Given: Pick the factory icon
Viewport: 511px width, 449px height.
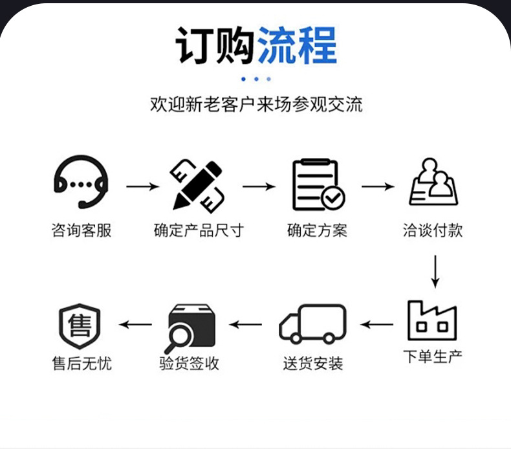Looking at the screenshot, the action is point(432,320).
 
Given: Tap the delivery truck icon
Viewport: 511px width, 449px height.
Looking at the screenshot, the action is point(312,323).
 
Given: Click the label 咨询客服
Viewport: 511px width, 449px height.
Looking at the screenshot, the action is point(81,230).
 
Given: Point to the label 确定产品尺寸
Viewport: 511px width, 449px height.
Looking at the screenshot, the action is point(199,230).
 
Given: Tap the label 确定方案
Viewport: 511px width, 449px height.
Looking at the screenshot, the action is point(317,230).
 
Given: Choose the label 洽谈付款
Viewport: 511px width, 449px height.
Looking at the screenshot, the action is point(433,230).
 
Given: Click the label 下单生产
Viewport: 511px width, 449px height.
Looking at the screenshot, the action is point(433,356).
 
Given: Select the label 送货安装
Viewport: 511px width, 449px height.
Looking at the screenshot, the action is point(312,363).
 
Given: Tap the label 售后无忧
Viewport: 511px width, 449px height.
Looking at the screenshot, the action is point(82,363).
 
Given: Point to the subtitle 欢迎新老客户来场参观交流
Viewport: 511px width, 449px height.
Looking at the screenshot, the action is point(256,104).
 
